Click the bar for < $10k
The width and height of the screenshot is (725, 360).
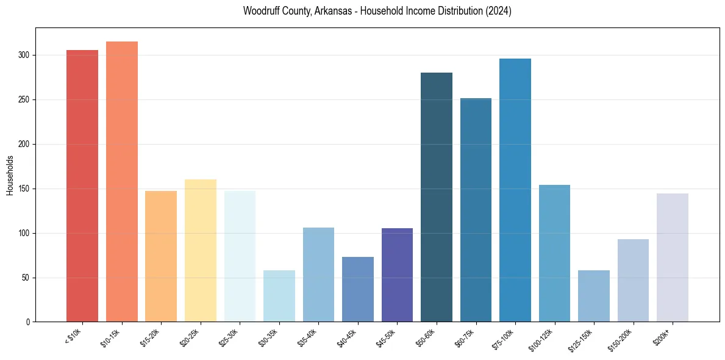click(82, 185)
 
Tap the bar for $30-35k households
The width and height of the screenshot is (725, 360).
click(279, 296)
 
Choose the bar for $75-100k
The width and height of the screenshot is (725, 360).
click(515, 190)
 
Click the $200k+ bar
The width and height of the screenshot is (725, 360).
click(673, 257)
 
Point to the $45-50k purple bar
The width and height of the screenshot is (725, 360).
click(397, 275)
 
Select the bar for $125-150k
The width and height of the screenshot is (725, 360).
click(594, 296)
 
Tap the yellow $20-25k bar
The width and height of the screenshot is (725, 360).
click(200, 250)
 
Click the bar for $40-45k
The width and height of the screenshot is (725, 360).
click(358, 289)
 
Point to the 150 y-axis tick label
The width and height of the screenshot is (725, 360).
click(26, 189)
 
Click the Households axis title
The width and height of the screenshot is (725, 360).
click(10, 175)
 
